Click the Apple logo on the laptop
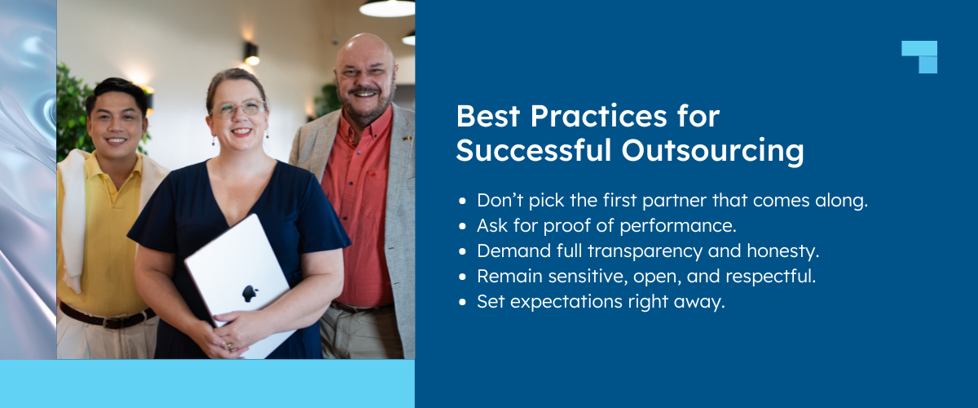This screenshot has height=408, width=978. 249,294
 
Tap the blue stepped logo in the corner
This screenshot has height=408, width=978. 919,55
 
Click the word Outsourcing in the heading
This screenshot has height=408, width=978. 714,151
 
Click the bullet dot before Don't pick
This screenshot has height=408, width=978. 463,201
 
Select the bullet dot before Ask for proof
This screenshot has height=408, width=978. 463,226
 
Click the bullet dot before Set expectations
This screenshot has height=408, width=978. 463,302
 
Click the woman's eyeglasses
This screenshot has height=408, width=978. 237,109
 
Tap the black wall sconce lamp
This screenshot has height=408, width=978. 251,53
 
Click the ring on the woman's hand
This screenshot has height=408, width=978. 231,347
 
